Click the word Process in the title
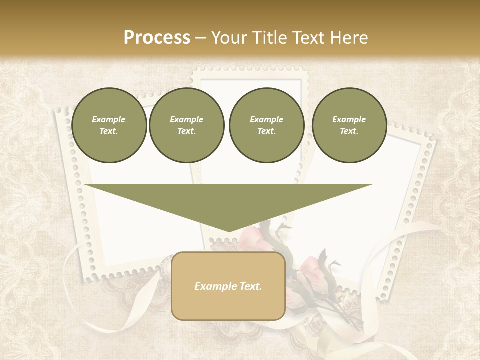point(157,38)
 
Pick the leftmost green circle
point(109,125)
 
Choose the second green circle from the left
point(187,125)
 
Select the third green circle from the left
point(266,125)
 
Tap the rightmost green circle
point(349,125)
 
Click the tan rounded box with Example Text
point(228,286)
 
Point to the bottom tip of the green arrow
point(228,231)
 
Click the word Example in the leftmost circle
point(109,119)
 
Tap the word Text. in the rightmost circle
point(349,131)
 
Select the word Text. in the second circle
point(187,131)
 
